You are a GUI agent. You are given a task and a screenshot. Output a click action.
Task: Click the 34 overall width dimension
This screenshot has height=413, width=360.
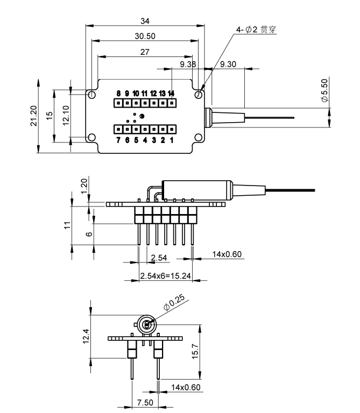pyautogui.click(x=145, y=21)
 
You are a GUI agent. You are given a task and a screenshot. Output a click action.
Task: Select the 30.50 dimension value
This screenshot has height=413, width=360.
pyautogui.click(x=145, y=36)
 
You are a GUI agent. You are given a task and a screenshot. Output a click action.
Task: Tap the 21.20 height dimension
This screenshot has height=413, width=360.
pyautogui.click(x=34, y=116)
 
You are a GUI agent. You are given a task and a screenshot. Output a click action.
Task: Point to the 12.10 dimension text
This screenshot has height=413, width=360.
pyautogui.click(x=66, y=116)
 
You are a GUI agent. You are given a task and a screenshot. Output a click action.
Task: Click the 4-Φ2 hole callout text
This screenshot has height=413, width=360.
pyautogui.click(x=256, y=30)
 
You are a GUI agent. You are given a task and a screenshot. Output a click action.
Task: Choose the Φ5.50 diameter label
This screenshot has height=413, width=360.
pyautogui.click(x=324, y=90)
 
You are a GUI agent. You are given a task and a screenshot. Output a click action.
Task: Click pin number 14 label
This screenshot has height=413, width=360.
pyautogui.click(x=171, y=94)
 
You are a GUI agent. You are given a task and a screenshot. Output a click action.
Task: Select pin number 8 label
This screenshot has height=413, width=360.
pyautogui.click(x=118, y=94)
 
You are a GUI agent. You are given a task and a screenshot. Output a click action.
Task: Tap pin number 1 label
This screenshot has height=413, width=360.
pyautogui.click(x=172, y=140)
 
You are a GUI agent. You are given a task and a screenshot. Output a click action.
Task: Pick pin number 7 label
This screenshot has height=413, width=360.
pyautogui.click(x=118, y=140)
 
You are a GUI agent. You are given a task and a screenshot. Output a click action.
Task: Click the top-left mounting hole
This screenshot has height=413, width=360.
pyautogui.click(x=91, y=95)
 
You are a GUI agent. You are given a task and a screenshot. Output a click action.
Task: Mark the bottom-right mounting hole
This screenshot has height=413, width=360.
pyautogui.click(x=199, y=137)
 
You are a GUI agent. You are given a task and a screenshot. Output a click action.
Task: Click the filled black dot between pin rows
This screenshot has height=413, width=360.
pyautogui.click(x=142, y=116)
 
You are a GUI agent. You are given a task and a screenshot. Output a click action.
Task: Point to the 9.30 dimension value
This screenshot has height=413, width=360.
pyautogui.click(x=228, y=64)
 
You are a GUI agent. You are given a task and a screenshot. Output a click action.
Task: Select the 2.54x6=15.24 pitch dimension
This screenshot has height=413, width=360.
pyautogui.click(x=165, y=276)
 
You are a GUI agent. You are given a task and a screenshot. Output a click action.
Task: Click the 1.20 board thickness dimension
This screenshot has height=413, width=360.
pyautogui.click(x=84, y=186)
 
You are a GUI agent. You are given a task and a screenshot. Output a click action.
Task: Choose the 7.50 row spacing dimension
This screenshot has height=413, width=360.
pyautogui.click(x=145, y=402)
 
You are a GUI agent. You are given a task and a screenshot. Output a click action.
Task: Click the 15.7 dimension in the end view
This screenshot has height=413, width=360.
pyautogui.click(x=195, y=351)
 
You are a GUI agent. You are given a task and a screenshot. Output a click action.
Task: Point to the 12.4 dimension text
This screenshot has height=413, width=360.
pyautogui.click(x=86, y=336)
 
